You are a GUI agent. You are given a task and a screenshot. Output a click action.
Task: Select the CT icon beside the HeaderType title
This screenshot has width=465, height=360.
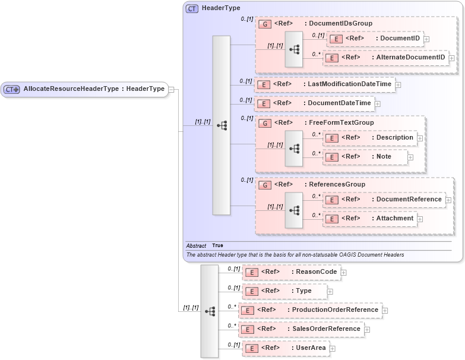(192, 9)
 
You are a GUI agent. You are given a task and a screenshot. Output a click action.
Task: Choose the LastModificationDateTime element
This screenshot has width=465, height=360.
(324, 84)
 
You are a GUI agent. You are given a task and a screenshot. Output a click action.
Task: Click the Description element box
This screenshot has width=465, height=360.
(370, 138)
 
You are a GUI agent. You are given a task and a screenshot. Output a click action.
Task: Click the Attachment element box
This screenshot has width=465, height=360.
(370, 219)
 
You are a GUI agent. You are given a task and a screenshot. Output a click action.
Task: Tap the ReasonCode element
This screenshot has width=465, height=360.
(292, 272)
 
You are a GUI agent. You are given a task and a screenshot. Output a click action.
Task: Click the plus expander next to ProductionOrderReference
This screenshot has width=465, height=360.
(385, 310)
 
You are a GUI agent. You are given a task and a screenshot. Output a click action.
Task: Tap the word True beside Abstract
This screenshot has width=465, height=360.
(217, 245)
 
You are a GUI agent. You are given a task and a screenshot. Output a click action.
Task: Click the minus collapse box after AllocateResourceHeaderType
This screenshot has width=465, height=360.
(171, 89)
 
